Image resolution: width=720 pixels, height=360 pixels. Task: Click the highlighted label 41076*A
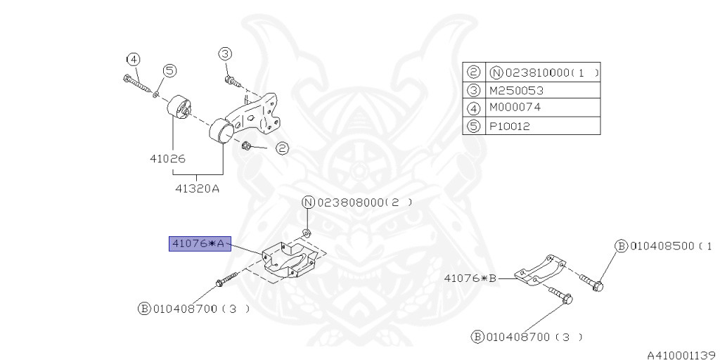(x=198, y=244)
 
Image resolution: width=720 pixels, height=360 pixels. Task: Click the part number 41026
(x=167, y=159)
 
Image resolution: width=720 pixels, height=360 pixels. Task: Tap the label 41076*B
(x=470, y=278)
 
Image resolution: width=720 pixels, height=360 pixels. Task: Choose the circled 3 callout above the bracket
(x=224, y=53)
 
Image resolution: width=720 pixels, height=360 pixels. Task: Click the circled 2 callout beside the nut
(x=281, y=148)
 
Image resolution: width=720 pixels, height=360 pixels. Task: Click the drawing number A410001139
(x=681, y=354)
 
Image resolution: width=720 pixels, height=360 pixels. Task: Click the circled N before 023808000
(x=309, y=202)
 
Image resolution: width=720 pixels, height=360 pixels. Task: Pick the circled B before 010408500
(x=621, y=246)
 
